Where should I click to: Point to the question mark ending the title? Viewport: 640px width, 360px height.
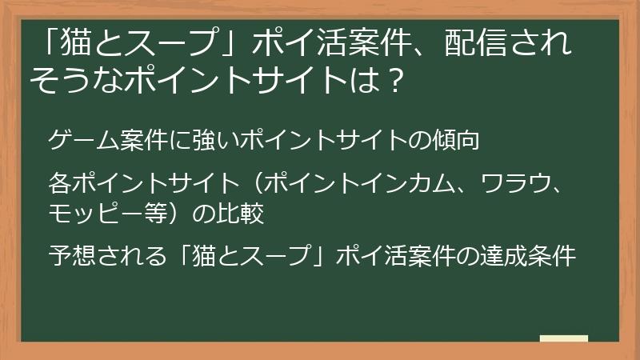tap(390, 81)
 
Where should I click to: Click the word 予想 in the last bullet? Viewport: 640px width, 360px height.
tap(71, 257)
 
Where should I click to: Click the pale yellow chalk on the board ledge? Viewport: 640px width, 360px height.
tap(563, 338)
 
